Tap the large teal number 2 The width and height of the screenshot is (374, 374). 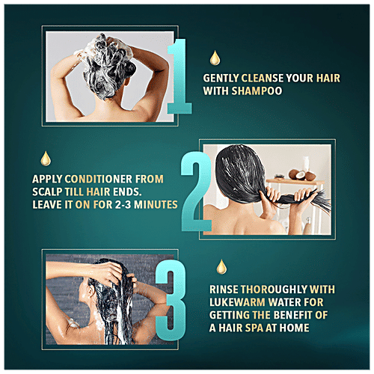[196, 192]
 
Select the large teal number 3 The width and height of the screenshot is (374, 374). [171, 300]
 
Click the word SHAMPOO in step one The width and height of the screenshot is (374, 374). [257, 91]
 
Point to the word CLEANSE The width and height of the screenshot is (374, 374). [263, 79]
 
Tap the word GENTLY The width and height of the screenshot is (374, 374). [221, 79]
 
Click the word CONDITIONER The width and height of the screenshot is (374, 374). [99, 179]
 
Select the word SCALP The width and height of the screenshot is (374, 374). [47, 191]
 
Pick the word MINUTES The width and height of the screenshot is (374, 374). [156, 205]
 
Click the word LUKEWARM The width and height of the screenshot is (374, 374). [237, 302]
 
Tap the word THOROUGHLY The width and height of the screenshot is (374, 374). [274, 289]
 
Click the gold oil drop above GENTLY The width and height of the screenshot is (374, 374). [215, 58]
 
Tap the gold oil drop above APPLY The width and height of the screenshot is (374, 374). [46, 159]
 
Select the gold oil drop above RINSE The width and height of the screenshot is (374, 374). [221, 267]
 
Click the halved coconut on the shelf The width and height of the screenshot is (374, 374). [301, 175]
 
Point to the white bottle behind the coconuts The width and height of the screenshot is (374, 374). [306, 165]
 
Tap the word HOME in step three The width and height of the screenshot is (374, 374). [294, 328]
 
